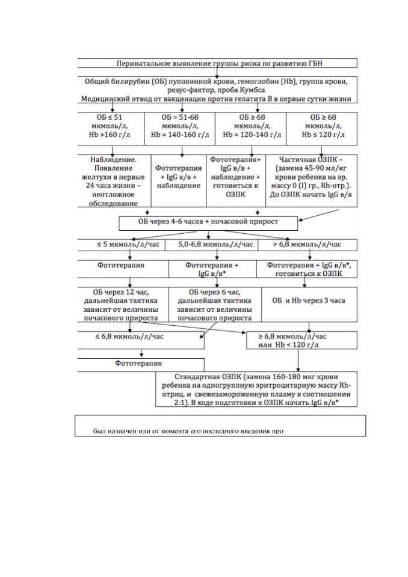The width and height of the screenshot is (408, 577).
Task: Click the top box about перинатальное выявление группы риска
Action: (217, 63)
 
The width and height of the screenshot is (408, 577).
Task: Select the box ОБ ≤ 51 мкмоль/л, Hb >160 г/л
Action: (111, 129)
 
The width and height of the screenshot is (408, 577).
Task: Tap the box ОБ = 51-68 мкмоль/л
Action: (180, 129)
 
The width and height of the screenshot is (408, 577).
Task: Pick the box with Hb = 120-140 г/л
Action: (250, 129)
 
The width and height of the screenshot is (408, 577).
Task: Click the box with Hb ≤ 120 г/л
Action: (322, 129)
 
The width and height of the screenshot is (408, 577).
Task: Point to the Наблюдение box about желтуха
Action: (114, 181)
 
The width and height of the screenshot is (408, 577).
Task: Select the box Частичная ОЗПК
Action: (312, 181)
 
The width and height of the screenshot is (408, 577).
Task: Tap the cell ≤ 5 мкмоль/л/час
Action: (122, 245)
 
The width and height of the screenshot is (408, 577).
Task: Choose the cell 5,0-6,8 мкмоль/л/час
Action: (212, 245)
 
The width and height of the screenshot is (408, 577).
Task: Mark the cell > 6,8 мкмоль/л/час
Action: (308, 245)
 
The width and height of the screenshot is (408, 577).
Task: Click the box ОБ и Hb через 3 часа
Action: (309, 304)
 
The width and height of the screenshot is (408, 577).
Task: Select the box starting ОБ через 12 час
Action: (123, 304)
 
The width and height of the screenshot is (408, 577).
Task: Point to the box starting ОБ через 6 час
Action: (215, 304)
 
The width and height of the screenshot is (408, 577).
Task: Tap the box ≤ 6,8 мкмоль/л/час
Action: (141, 340)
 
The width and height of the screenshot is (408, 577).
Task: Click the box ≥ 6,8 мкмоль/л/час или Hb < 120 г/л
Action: (302, 340)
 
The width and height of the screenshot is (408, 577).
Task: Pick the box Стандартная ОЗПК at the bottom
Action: (256, 389)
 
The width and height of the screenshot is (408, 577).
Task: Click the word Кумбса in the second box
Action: (253, 90)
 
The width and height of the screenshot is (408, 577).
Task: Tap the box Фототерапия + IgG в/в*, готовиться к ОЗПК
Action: (307, 269)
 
